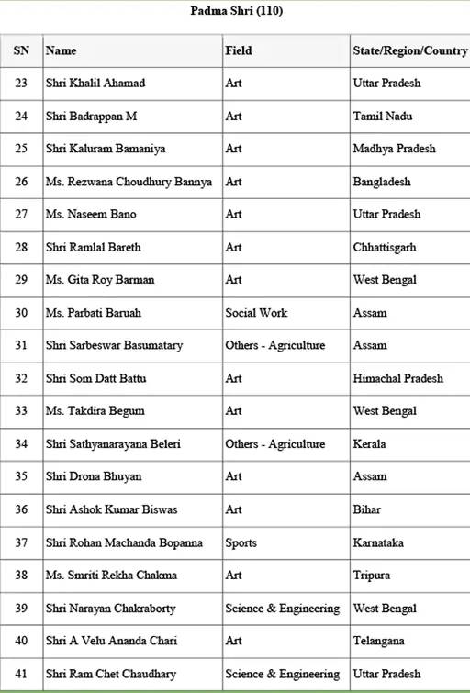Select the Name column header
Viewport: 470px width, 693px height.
click(61, 50)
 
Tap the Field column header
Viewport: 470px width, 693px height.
click(238, 50)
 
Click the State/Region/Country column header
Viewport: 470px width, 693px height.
click(409, 50)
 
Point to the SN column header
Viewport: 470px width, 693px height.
click(21, 50)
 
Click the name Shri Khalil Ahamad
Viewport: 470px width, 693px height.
click(95, 83)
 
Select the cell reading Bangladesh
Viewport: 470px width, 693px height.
click(381, 182)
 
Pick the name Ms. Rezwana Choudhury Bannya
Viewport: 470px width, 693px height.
click(129, 182)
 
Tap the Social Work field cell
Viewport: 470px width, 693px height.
click(256, 313)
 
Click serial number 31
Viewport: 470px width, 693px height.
click(21, 345)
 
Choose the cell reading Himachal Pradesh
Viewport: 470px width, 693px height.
click(397, 378)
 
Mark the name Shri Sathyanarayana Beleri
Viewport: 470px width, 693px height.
click(113, 444)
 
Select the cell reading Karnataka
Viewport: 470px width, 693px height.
click(377, 542)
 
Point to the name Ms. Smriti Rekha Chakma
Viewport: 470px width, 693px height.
click(110, 576)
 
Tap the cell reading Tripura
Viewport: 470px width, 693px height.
click(371, 576)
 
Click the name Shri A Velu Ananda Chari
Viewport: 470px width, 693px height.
click(111, 641)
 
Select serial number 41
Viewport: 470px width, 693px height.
click(21, 674)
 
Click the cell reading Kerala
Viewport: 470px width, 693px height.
click(369, 444)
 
